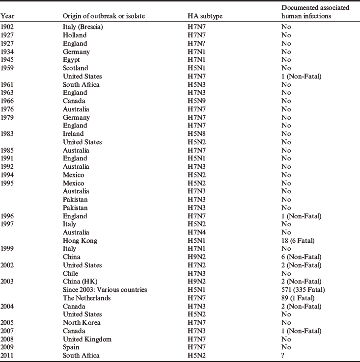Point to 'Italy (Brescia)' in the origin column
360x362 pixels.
click(83, 27)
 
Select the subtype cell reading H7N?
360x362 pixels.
click(194, 43)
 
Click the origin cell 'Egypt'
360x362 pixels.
click(72, 60)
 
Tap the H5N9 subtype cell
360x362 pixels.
click(194, 101)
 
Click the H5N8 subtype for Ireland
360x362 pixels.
click(194, 133)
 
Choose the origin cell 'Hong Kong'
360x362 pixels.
click(80, 240)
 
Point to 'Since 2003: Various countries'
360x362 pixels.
click(105, 290)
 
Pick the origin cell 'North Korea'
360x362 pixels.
click(82, 323)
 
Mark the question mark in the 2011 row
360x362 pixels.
click(282, 356)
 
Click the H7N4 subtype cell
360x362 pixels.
click(194, 233)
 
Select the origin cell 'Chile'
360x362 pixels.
click(71, 273)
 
